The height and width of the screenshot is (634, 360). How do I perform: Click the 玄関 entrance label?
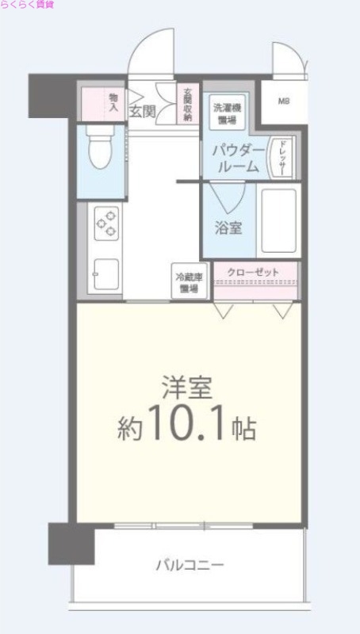coord(143,111)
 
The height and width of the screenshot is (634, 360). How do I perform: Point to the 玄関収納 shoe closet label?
coord(188,104)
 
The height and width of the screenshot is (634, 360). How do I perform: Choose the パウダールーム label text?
coord(236,158)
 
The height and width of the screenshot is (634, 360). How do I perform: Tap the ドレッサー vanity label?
coord(281,156)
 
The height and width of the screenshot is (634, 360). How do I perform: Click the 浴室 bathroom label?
coord(228,227)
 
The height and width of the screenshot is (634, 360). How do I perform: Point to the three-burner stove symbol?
coord(107,223)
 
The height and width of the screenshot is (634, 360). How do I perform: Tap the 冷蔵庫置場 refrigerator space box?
coord(190,283)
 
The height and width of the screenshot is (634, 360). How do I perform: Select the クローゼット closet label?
coord(254,273)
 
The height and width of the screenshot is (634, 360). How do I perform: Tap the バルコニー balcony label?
coord(190,566)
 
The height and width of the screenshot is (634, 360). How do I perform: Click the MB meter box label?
coord(283,101)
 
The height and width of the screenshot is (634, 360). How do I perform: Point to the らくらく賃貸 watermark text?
coord(28,5)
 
